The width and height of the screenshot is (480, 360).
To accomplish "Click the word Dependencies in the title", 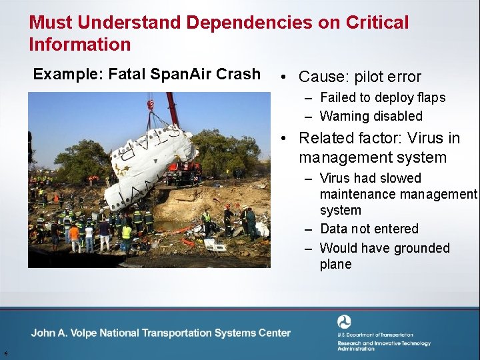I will tap(248, 22).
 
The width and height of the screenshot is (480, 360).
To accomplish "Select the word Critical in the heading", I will tap(377, 22).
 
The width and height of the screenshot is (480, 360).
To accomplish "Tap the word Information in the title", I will tap(79, 45).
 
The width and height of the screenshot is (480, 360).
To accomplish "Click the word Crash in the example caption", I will tap(238, 74).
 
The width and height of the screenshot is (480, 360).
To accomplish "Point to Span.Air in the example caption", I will tap(175, 74).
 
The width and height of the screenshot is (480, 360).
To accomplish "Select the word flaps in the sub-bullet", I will tap(429, 97).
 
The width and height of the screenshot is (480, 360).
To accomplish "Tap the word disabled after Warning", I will tap(398, 116).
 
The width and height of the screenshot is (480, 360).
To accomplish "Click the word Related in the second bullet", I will tap(326, 138).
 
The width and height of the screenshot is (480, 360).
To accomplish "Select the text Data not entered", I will tap(369, 229).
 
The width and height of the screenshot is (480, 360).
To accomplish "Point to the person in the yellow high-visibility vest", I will tap(127, 233).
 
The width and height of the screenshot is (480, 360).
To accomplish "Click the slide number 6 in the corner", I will tap(5, 353).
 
